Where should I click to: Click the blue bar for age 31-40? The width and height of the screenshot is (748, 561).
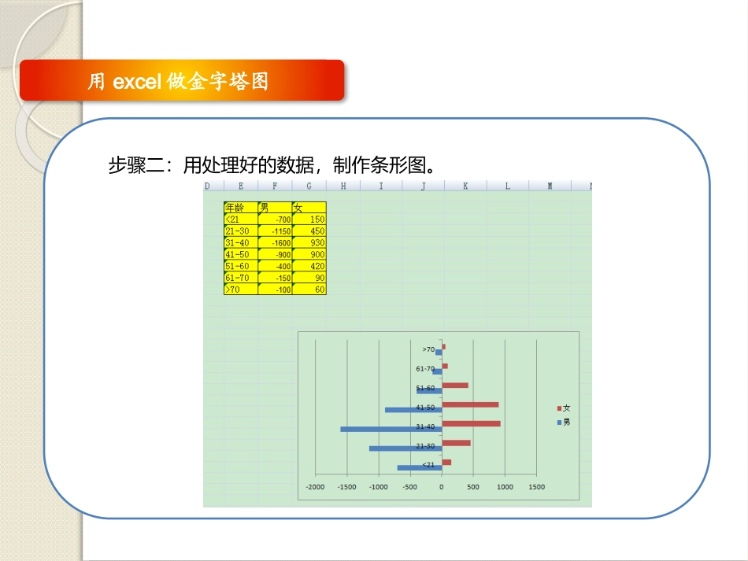(391, 429)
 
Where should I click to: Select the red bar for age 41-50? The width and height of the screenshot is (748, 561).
(470, 404)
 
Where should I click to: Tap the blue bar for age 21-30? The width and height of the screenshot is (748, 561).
(405, 448)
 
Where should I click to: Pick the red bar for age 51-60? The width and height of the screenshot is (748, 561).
(455, 386)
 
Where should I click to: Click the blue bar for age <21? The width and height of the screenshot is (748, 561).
(419, 468)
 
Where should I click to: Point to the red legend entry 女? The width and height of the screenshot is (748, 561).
(563, 408)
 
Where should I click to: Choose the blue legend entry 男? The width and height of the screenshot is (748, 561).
(563, 423)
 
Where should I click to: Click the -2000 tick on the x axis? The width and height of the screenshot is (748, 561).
(315, 486)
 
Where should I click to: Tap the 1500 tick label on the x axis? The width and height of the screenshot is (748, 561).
(536, 486)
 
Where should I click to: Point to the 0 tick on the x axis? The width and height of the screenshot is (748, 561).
(442, 486)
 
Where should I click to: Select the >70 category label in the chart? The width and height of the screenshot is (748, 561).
(428, 349)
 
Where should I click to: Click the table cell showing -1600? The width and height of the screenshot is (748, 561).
(275, 243)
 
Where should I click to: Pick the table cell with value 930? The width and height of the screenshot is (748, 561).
(309, 243)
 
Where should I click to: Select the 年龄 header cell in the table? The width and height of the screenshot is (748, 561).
(240, 208)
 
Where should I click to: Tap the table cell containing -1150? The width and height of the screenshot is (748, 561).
(275, 231)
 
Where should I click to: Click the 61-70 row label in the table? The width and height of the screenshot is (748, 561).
(240, 278)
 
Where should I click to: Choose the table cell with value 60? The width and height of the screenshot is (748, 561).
(309, 290)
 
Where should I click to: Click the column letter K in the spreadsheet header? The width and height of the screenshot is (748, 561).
(465, 186)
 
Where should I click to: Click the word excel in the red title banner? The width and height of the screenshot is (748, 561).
(137, 81)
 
